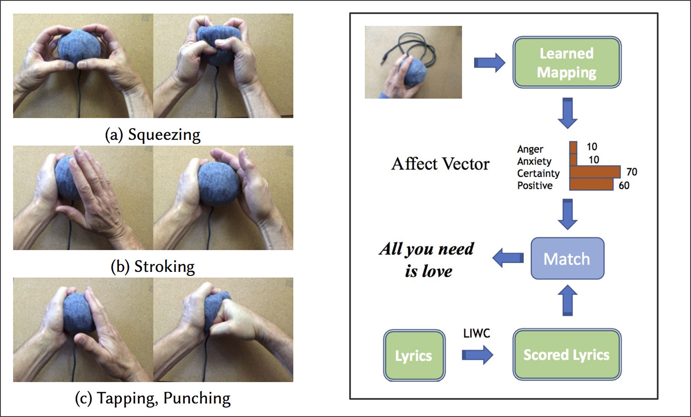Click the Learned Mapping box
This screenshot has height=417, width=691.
(567, 63)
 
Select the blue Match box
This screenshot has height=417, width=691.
(567, 259)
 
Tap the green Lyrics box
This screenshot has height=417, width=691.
(414, 355)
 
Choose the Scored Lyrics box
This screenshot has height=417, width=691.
(567, 354)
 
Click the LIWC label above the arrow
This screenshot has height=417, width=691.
(476, 333)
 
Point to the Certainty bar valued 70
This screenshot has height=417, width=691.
(595, 172)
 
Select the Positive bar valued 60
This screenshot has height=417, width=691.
(591, 185)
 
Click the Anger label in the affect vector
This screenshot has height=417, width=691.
(530, 149)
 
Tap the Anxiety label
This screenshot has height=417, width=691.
(534, 161)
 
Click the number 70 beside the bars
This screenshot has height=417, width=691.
(632, 172)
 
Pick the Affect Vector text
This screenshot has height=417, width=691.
(440, 164)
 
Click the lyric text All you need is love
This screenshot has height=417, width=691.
(427, 260)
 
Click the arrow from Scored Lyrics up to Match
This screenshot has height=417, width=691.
(568, 300)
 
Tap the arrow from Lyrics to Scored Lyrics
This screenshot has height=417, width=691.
(477, 355)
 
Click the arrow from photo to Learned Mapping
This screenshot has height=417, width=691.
(489, 62)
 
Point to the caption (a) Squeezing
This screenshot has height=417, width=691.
(152, 135)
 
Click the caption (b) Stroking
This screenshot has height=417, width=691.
(152, 267)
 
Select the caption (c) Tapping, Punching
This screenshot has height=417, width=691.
(152, 398)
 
